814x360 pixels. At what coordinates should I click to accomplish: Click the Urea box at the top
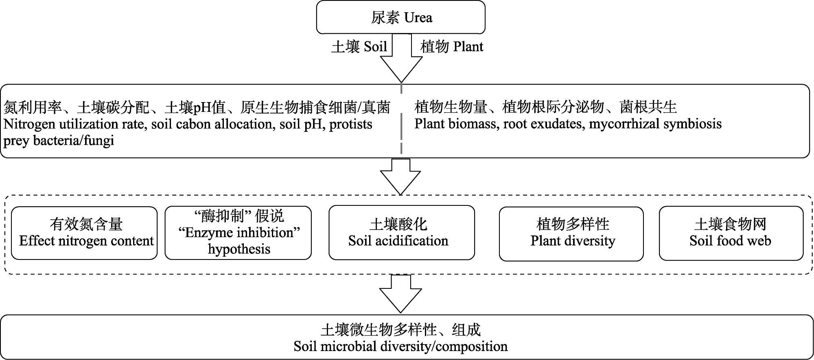tap(401, 17)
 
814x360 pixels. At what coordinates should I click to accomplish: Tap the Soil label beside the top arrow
tap(359, 47)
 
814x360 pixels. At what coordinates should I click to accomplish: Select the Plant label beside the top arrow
tap(452, 47)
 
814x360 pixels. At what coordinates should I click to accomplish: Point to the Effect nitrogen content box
tap(84, 233)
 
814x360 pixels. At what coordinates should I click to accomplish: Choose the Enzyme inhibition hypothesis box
tap(239, 233)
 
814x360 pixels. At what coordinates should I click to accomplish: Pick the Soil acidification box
tap(401, 233)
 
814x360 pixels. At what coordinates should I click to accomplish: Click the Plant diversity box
tap(571, 233)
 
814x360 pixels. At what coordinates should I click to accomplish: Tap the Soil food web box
tap(731, 233)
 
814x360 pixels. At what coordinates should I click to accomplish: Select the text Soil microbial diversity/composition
tap(400, 347)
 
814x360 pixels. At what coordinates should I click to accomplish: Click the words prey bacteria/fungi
tap(59, 141)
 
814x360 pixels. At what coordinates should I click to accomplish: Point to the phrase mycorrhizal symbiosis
tap(655, 124)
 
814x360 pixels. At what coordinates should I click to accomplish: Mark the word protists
tap(350, 124)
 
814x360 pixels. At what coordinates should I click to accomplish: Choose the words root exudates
tap(545, 124)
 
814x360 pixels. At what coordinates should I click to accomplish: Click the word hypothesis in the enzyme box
tap(239, 249)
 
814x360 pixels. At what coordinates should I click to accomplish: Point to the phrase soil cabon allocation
tap(212, 124)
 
